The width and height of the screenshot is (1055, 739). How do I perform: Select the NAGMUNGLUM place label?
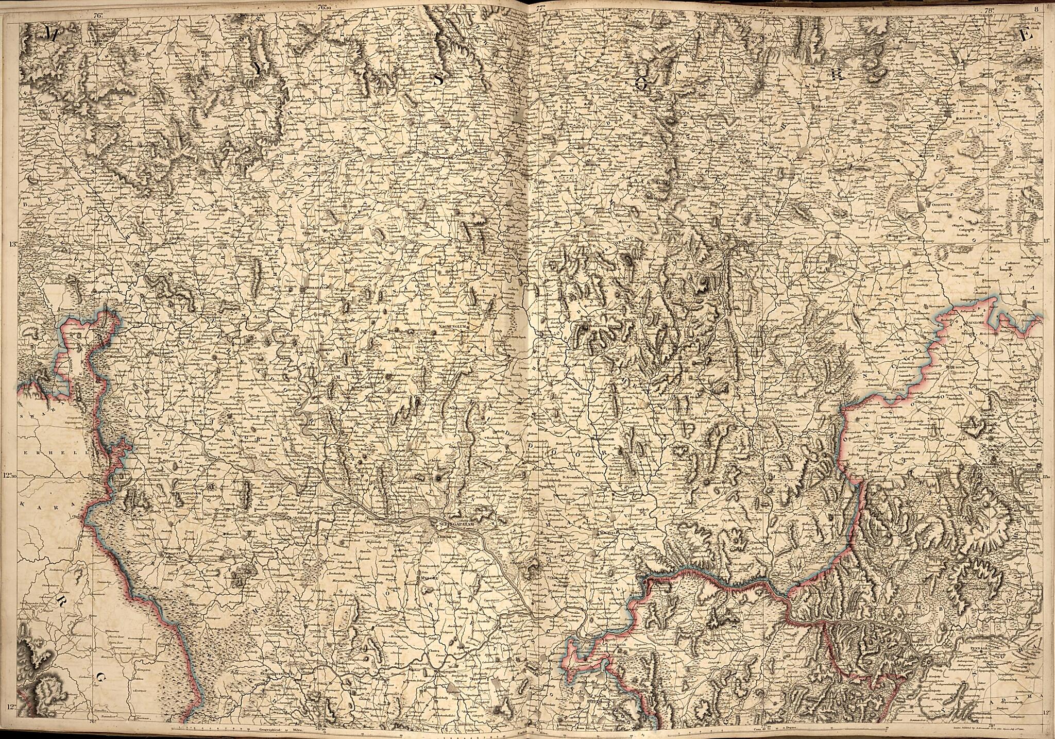click(453, 327)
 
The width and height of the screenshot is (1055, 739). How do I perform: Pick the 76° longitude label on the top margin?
click(98, 15)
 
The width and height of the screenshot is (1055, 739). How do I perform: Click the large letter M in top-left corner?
click(52, 34)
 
